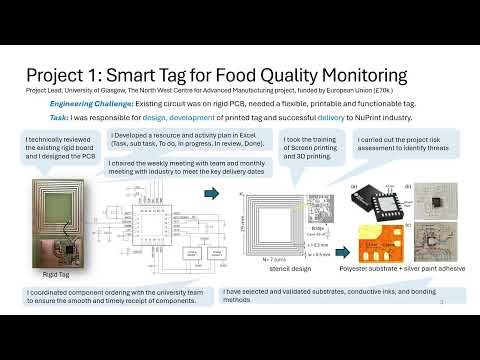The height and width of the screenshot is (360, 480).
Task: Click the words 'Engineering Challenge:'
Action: [x=90, y=101]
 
